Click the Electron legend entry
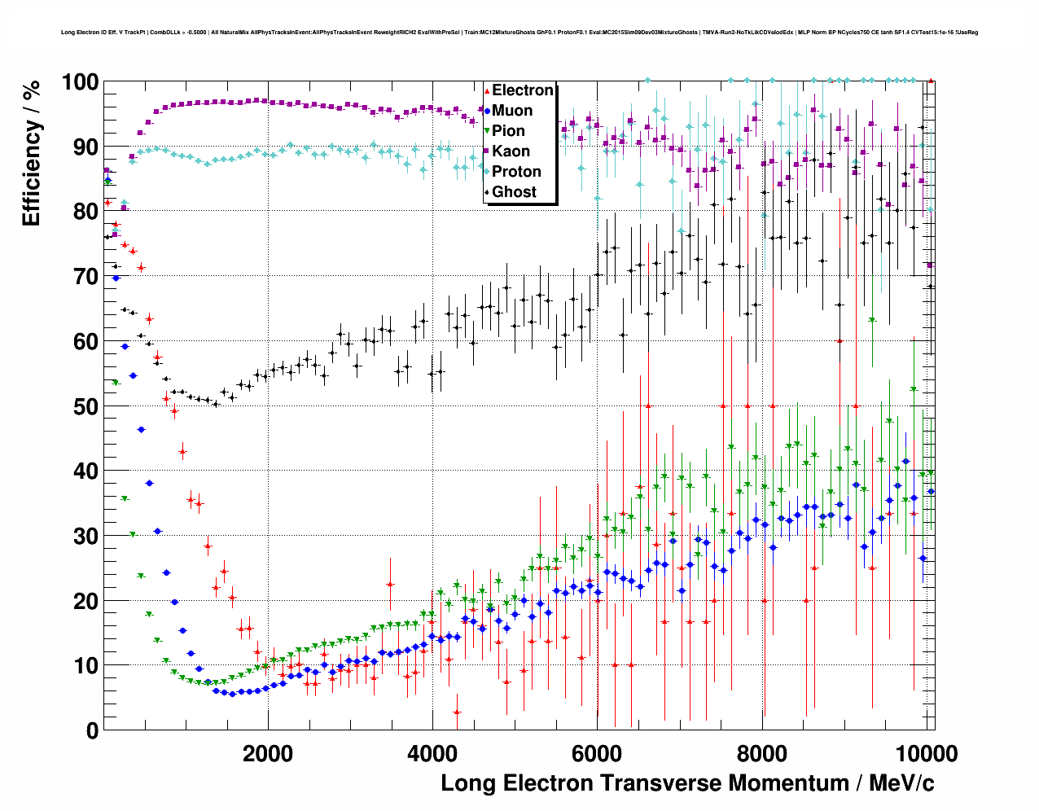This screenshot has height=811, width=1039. point(522,90)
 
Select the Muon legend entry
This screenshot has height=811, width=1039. point(512,111)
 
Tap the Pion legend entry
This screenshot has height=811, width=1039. point(508,131)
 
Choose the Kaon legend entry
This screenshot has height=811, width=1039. point(511,151)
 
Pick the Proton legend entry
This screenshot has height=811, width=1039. point(516,172)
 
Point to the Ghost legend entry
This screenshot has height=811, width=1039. point(514,192)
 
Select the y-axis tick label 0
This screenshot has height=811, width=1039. point(93,730)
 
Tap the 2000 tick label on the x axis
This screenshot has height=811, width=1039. point(268,754)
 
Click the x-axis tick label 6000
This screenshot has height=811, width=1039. point(597,754)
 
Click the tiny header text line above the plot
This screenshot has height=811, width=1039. point(519,33)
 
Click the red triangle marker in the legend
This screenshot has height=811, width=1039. point(487,90)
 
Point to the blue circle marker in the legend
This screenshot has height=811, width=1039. point(487,111)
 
